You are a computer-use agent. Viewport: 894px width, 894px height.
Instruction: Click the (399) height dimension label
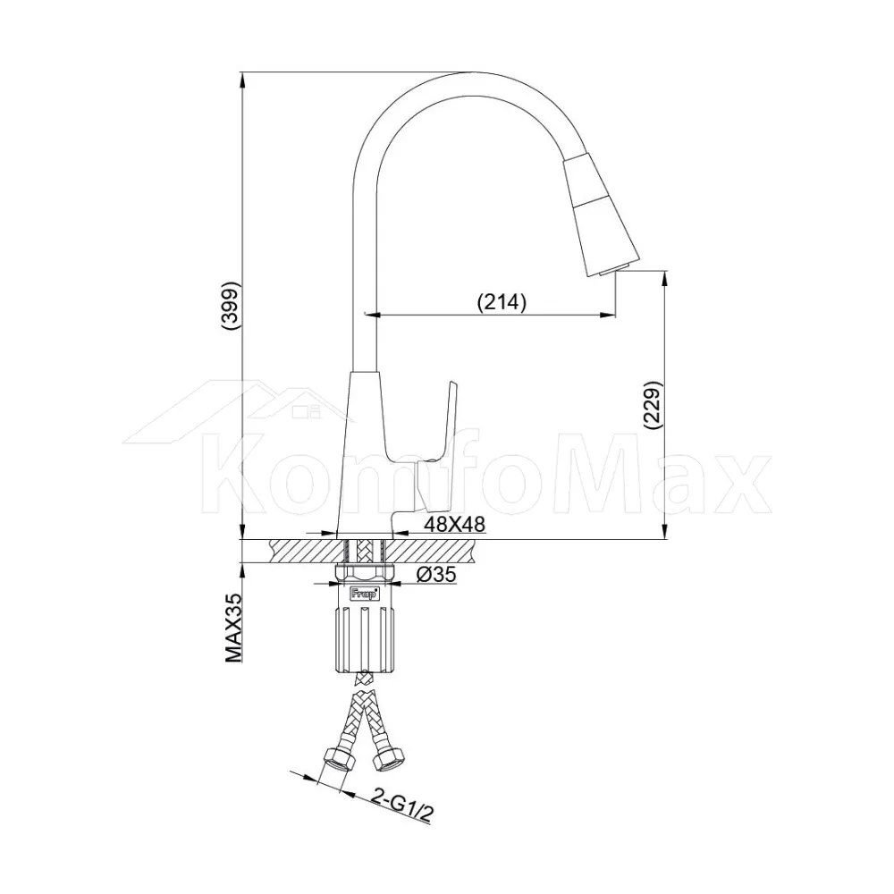pyautogui.click(x=231, y=306)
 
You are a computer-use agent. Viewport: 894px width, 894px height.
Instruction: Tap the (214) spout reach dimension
pyautogui.click(x=502, y=301)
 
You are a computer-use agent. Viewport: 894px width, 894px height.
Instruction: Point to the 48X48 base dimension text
pyautogui.click(x=454, y=524)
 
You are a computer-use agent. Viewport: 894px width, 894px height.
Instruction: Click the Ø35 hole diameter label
pyautogui.click(x=437, y=574)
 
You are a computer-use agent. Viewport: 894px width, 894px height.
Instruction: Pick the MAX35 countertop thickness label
pyautogui.click(x=233, y=628)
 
